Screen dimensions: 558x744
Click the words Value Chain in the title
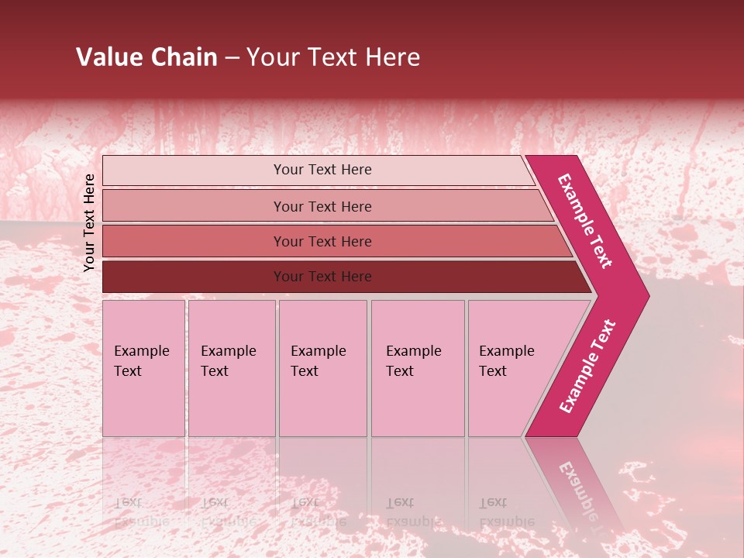146,57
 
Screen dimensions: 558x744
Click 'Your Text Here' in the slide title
333,57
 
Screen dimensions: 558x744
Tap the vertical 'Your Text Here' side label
90,222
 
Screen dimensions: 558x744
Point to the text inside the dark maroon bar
322,277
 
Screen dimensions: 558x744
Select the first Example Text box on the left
143,368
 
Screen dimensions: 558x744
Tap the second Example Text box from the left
231,368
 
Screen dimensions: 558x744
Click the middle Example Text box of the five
322,368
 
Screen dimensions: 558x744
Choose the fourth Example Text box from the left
417,368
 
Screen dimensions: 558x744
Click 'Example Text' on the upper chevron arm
585,221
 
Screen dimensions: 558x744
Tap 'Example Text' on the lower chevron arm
587,367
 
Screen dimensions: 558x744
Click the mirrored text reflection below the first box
141,512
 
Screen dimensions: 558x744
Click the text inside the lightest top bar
322,170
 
